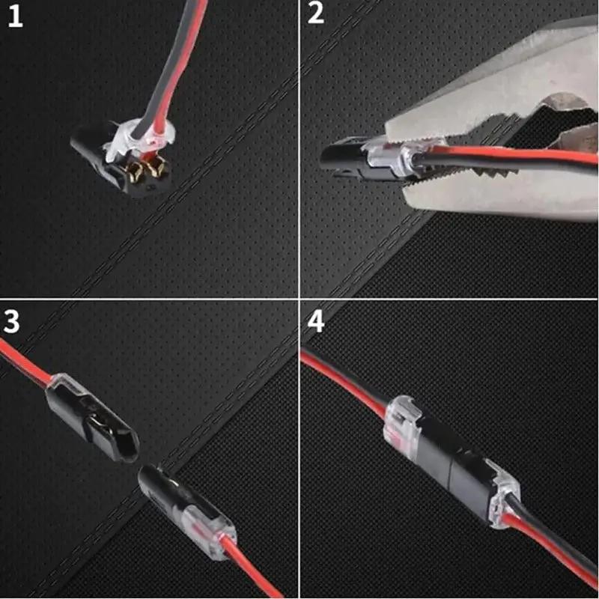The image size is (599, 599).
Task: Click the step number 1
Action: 15,16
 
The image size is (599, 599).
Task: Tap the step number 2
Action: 316,13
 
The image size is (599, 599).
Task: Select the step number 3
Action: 13,320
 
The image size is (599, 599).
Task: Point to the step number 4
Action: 316,322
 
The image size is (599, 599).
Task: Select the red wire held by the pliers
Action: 524,157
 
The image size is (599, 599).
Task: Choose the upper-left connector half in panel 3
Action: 86,408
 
